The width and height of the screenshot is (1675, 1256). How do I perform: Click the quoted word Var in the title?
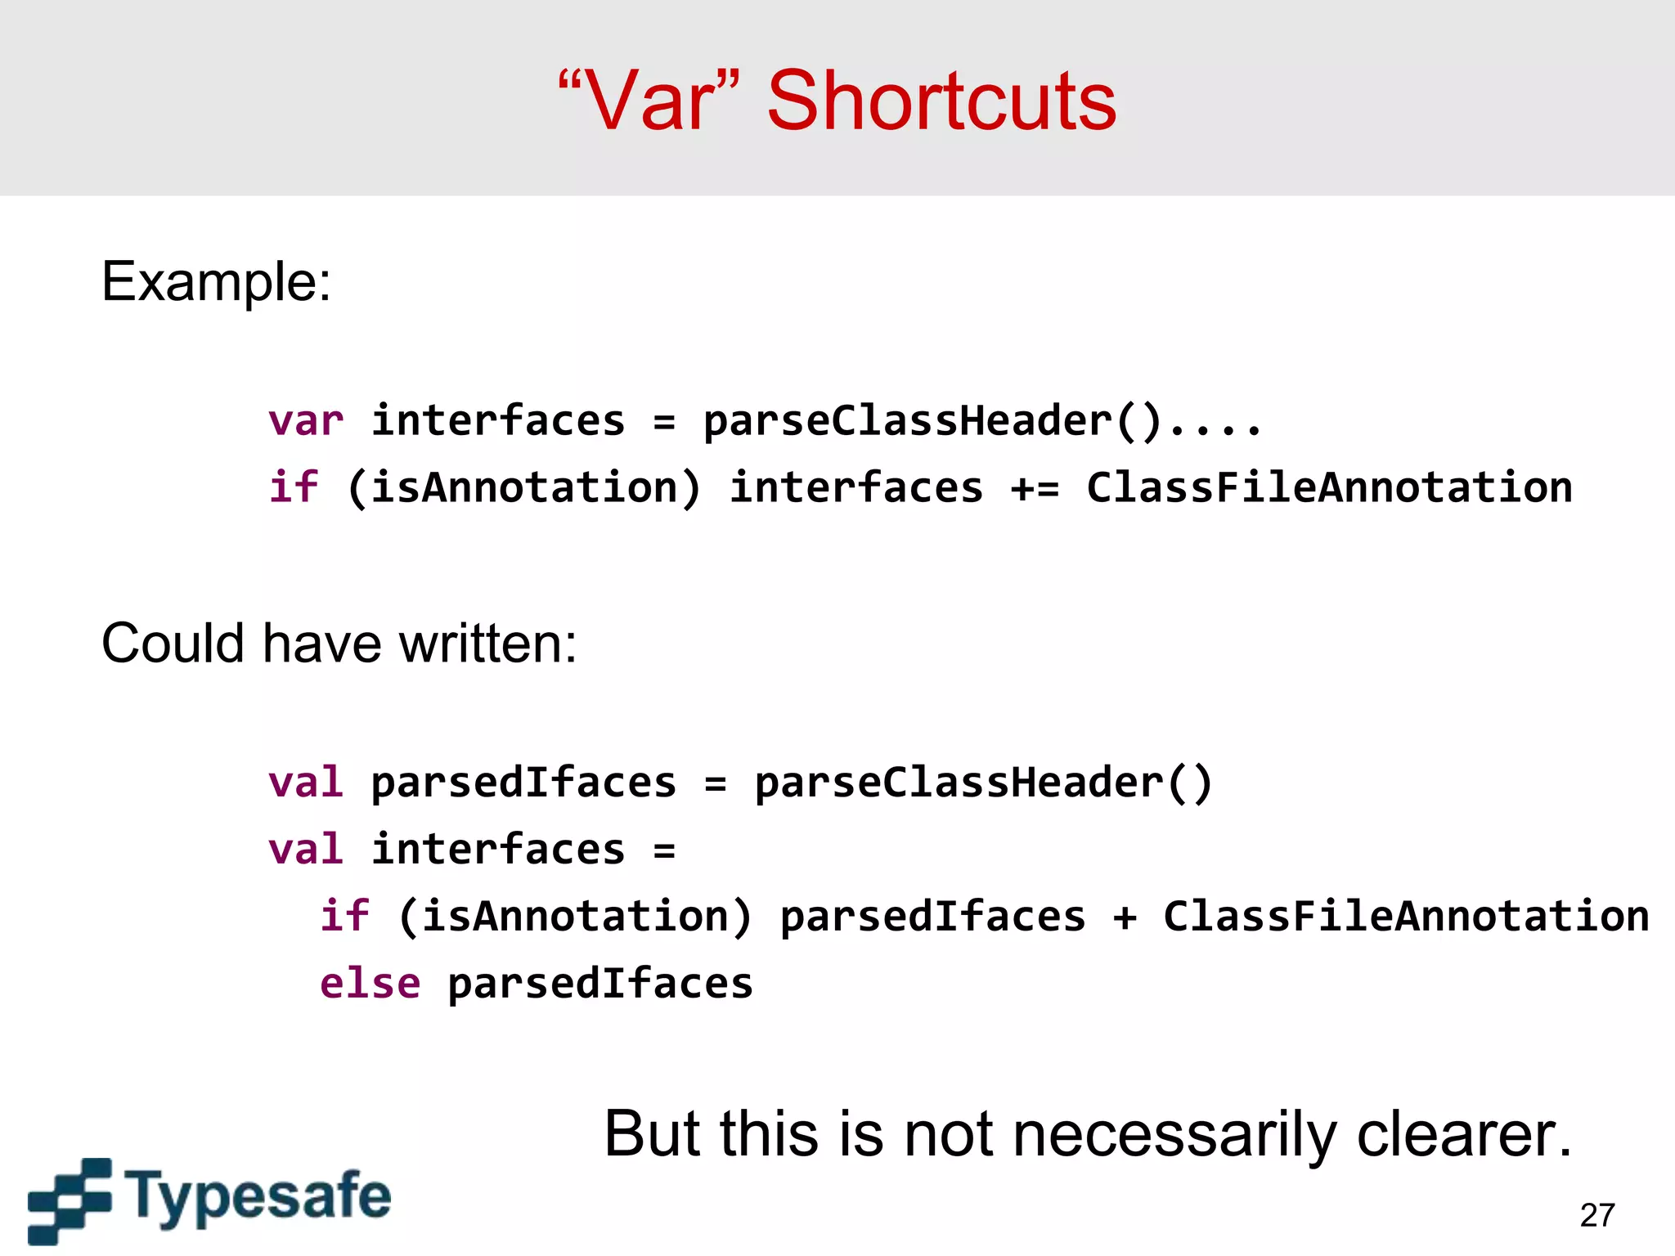click(x=650, y=101)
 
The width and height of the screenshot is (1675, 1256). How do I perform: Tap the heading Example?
click(x=216, y=282)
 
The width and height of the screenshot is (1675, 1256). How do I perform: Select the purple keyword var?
click(x=305, y=421)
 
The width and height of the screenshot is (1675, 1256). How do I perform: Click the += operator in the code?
click(x=1035, y=488)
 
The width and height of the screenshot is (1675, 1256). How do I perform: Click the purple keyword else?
click(x=370, y=983)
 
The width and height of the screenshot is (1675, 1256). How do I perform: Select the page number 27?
click(x=1596, y=1215)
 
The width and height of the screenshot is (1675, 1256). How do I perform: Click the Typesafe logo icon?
click(x=70, y=1200)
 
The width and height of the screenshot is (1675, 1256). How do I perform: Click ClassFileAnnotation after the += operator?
click(x=1329, y=488)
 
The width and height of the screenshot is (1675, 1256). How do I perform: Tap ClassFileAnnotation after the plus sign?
click(x=1406, y=916)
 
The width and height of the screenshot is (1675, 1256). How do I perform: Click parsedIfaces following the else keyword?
click(x=599, y=983)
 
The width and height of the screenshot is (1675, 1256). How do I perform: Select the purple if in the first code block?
click(x=293, y=488)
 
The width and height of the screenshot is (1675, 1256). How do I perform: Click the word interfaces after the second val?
click(x=498, y=849)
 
